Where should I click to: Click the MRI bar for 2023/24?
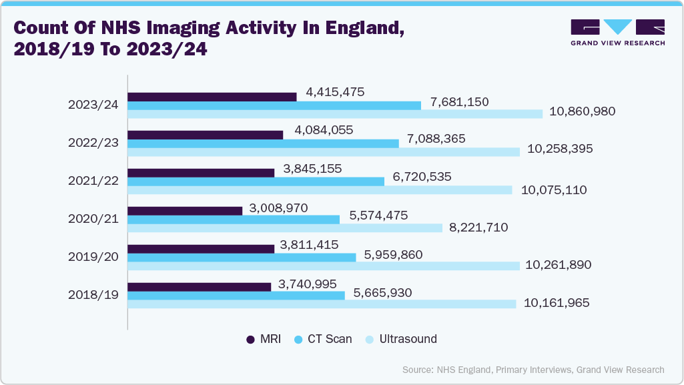(x=212, y=97)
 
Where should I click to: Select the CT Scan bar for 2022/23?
(x=263, y=143)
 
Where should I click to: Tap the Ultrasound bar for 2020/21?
(x=285, y=228)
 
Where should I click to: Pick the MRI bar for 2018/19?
(x=199, y=287)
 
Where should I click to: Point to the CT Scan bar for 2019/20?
(x=242, y=258)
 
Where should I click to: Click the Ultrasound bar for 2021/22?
(x=320, y=190)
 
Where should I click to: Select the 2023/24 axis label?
(x=93, y=105)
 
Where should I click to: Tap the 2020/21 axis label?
(x=93, y=219)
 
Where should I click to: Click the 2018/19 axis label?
(x=93, y=295)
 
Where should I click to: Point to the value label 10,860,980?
(x=582, y=112)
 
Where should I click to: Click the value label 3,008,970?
(x=278, y=208)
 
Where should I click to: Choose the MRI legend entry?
(x=264, y=339)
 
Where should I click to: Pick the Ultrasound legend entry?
(x=400, y=339)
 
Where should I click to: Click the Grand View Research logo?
(x=617, y=33)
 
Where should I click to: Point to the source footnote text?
(x=533, y=370)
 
